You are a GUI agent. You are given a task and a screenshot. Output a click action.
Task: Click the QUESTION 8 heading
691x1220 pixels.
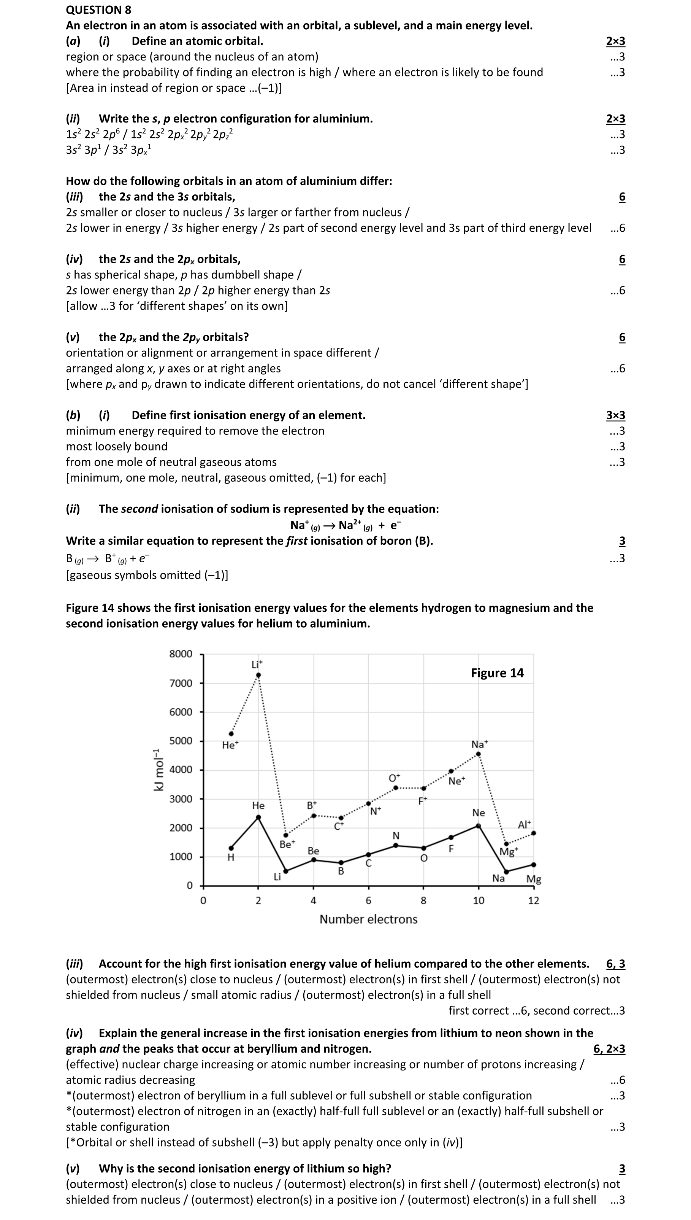coord(98,10)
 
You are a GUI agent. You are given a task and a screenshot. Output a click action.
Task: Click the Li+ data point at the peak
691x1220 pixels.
coord(258,675)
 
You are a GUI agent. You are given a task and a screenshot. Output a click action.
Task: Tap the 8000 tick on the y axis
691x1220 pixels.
coord(181,654)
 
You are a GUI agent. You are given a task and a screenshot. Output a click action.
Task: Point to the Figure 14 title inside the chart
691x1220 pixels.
coord(497,673)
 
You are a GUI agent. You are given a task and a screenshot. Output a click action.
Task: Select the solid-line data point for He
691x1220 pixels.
coord(258,817)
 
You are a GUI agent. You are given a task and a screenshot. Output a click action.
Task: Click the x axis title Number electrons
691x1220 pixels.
coord(368,919)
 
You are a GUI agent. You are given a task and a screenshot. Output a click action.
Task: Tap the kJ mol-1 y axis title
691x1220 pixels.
coord(158,769)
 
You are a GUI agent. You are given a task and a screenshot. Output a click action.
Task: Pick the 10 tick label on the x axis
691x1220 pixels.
coord(479,900)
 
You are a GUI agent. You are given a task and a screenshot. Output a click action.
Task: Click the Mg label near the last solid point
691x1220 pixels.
coord(533,879)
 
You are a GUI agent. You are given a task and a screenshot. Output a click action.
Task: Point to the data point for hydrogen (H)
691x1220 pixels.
coord(231,848)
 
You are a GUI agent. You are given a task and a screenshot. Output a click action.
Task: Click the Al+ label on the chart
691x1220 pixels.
coord(525,825)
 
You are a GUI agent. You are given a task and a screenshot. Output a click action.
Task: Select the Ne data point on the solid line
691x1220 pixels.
coord(479,826)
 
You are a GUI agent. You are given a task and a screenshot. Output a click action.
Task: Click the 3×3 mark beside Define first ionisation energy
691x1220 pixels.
coord(615,415)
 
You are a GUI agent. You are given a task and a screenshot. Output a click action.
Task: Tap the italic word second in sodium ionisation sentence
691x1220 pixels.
coord(139,509)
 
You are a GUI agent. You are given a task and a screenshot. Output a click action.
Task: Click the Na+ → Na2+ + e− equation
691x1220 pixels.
coord(345,525)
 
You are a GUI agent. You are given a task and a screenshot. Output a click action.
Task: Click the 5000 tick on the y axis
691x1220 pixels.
coord(181,741)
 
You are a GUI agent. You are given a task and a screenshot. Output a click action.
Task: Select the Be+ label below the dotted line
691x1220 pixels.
coord(287,845)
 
